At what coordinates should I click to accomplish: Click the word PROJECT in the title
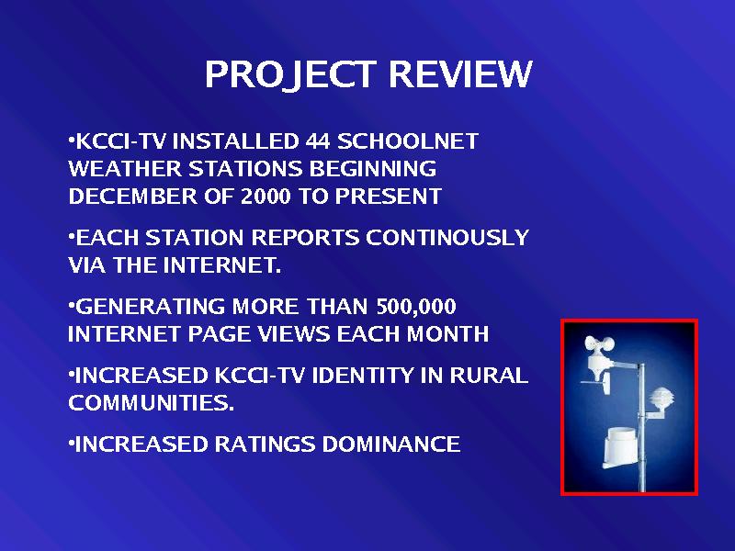290,75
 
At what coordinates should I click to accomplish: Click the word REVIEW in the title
461,74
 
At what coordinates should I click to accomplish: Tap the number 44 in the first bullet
318,141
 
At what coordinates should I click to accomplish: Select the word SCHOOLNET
408,141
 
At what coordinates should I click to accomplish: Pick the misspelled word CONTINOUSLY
447,238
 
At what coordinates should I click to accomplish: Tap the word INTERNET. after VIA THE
221,265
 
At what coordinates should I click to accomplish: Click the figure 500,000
416,307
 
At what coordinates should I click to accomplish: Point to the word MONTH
447,334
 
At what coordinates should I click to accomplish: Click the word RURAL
489,376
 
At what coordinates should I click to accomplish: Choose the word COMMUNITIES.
151,403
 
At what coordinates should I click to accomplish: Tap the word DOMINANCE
391,444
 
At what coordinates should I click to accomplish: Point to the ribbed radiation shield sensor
661,399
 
